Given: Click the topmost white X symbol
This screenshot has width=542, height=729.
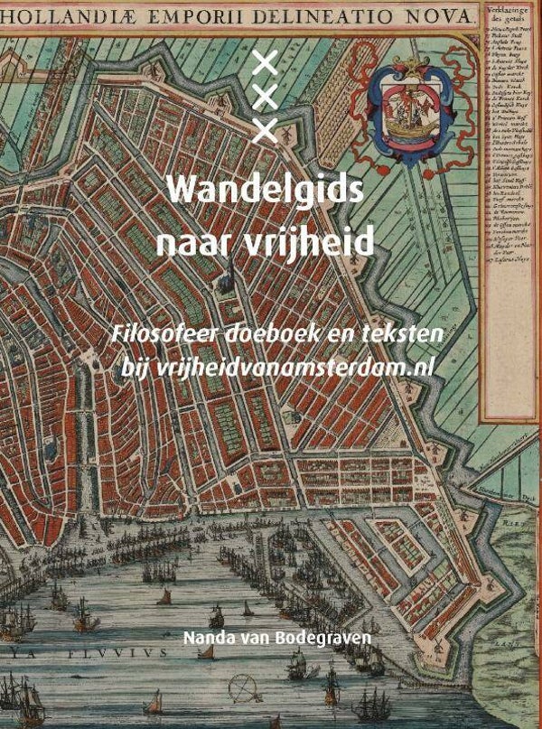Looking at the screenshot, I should (x=265, y=62).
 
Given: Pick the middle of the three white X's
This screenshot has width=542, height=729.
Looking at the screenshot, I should (x=265, y=97).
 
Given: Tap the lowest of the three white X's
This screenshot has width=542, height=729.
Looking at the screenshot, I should (x=265, y=131).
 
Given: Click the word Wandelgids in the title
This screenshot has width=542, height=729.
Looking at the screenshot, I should (x=266, y=192).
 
